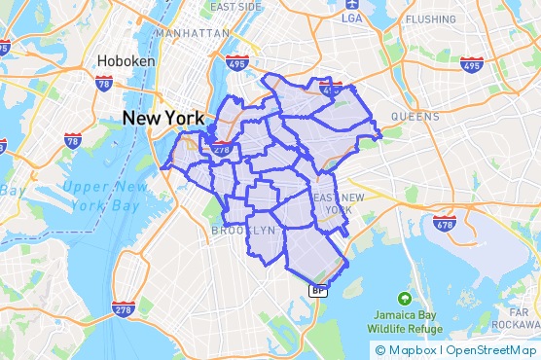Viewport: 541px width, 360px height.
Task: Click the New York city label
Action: (x=162, y=119)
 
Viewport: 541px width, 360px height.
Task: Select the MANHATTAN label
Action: (x=192, y=32)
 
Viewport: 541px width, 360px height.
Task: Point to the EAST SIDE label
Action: (x=235, y=6)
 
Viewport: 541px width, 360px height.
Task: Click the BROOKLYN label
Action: (x=244, y=231)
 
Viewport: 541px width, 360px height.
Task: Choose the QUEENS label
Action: (x=415, y=116)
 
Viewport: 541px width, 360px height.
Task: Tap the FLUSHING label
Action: (x=430, y=18)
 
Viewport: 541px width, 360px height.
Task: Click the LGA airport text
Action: (x=353, y=18)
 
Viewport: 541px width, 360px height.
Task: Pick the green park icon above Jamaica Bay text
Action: (x=406, y=299)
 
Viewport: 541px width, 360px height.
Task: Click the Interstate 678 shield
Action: (x=445, y=224)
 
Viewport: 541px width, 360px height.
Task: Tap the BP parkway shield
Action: (x=317, y=290)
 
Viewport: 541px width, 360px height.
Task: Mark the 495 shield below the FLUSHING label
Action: (x=472, y=65)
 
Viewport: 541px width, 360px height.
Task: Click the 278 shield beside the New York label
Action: (x=222, y=149)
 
